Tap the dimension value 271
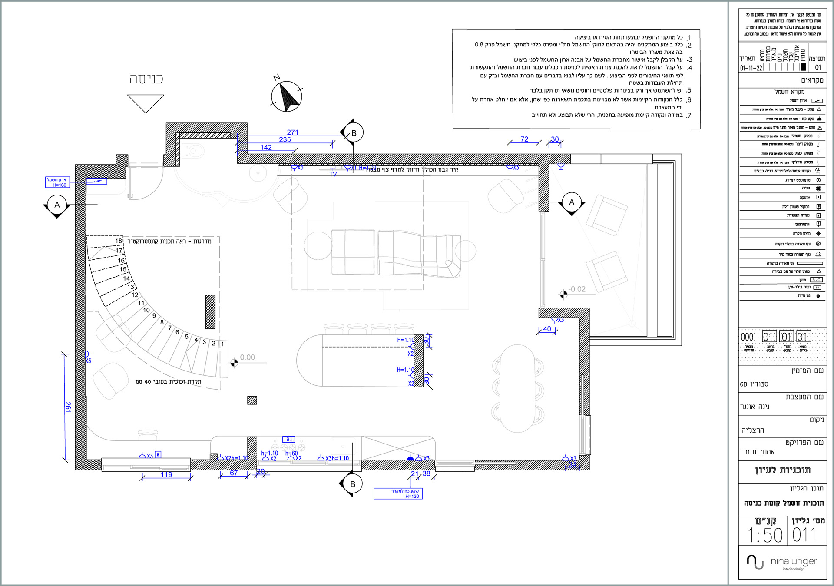point(293,132)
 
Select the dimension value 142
point(266,147)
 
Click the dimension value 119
point(166,474)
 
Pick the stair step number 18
point(119,241)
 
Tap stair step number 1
point(222,344)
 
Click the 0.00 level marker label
point(247,358)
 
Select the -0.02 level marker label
point(577,289)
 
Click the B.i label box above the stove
point(289,439)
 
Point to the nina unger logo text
point(794,562)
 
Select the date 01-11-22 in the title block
point(751,68)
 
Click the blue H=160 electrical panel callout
point(57,182)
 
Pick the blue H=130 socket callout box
point(398,493)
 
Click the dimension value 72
point(524,139)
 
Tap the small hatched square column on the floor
point(252,400)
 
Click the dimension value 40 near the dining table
point(547,329)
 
